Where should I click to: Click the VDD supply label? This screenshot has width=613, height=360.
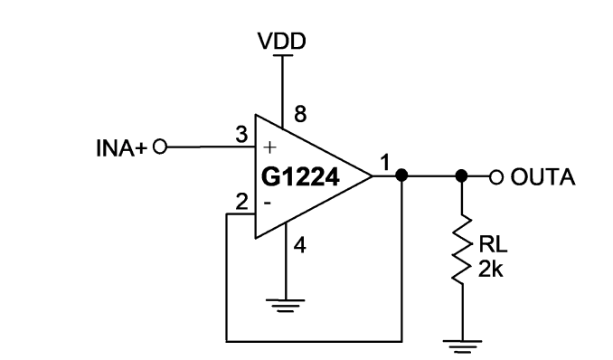pyautogui.click(x=282, y=41)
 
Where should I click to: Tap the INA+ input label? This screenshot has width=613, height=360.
pyautogui.click(x=121, y=148)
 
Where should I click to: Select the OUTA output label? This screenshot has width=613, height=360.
pyautogui.click(x=543, y=177)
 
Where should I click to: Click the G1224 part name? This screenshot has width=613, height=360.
pyautogui.click(x=300, y=177)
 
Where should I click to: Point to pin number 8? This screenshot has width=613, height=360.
pyautogui.click(x=300, y=114)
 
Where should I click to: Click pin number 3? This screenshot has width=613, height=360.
pyautogui.click(x=241, y=135)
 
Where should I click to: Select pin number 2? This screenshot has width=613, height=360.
pyautogui.click(x=242, y=202)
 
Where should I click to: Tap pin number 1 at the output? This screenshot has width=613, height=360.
pyautogui.click(x=385, y=163)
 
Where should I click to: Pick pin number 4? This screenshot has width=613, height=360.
pyautogui.click(x=299, y=246)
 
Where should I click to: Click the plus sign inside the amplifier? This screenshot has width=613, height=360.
pyautogui.click(x=269, y=147)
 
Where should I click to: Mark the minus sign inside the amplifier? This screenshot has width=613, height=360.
pyautogui.click(x=268, y=203)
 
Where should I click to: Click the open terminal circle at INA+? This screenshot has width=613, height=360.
pyautogui.click(x=160, y=147)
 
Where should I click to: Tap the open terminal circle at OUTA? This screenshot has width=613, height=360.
pyautogui.click(x=496, y=177)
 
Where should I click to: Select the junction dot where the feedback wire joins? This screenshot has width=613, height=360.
pyautogui.click(x=401, y=175)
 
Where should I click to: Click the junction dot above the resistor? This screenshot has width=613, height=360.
pyautogui.click(x=462, y=175)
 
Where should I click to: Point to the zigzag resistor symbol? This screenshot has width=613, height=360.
pyautogui.click(x=462, y=249)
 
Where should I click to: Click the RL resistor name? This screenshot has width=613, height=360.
pyautogui.click(x=493, y=245)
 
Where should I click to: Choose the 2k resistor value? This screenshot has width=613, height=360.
pyautogui.click(x=491, y=269)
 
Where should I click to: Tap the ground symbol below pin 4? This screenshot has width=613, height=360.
pyautogui.click(x=286, y=306)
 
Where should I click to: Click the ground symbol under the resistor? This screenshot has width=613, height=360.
pyautogui.click(x=463, y=346)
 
